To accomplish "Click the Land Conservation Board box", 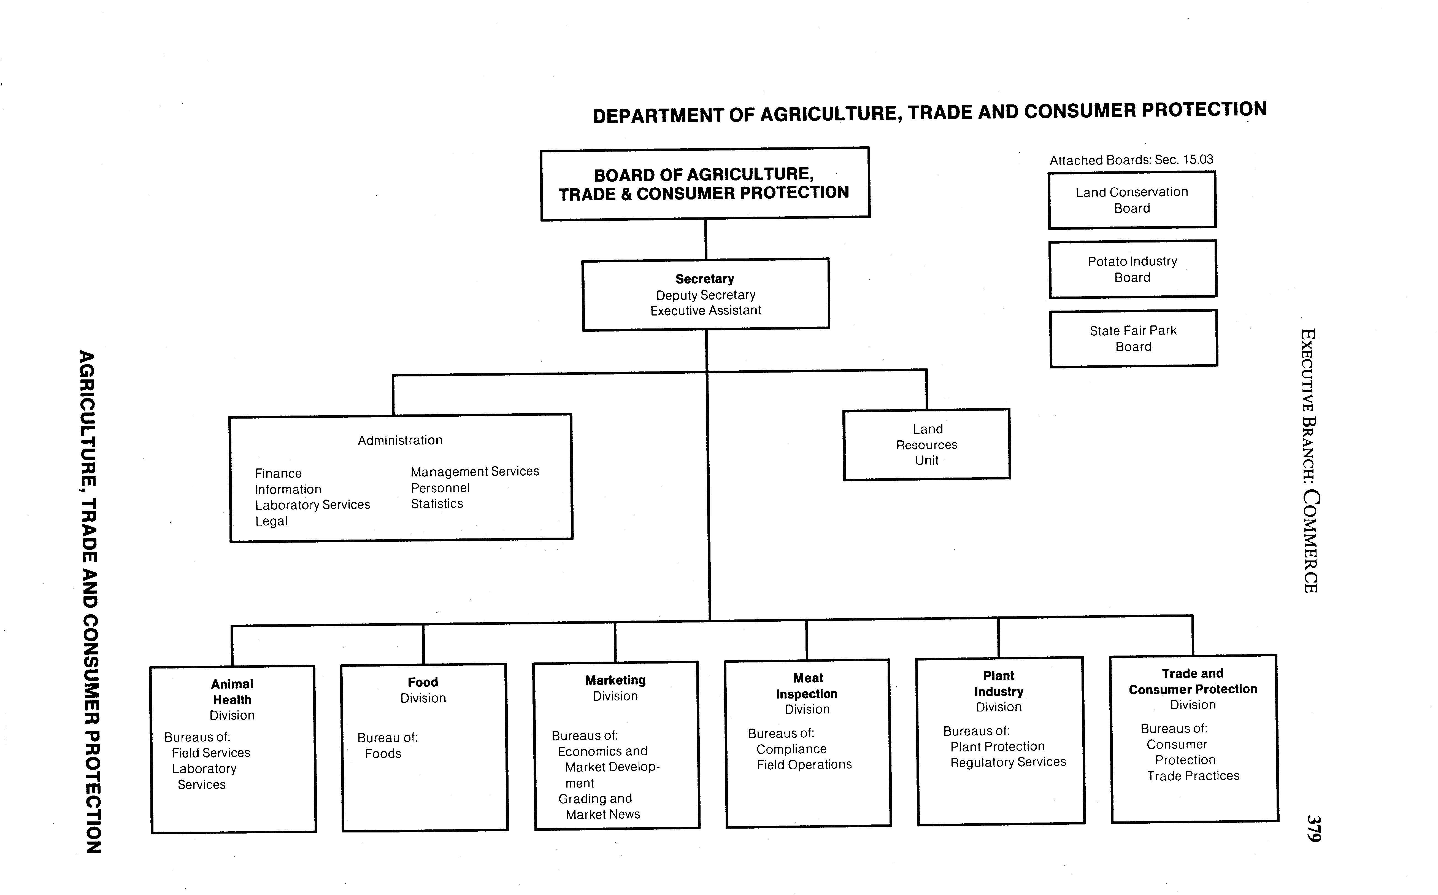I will tap(1131, 200).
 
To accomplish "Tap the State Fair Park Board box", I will tap(1133, 339).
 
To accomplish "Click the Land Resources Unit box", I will tap(927, 444).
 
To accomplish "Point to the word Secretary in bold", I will tap(705, 279).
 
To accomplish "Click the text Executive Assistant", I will tap(706, 311).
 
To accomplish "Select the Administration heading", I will tap(400, 440).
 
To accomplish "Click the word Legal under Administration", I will tap(271, 522).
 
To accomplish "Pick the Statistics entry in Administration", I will tap(437, 504).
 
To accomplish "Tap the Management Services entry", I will tap(475, 472).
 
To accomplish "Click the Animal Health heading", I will tap(232, 692).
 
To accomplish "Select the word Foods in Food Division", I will tap(383, 754).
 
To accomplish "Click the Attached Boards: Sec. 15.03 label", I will tap(1131, 160).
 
